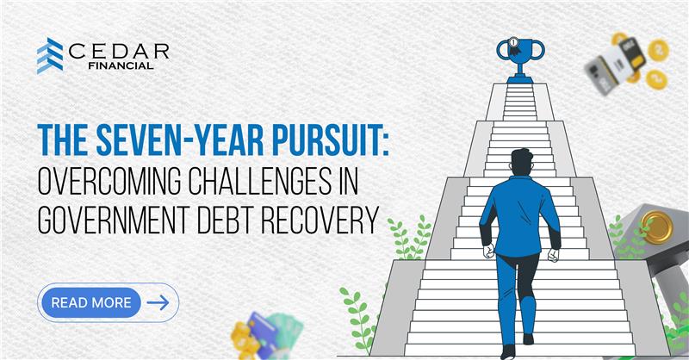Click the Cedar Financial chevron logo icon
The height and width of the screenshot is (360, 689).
tap(50, 56)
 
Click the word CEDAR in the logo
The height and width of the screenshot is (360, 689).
tap(119, 52)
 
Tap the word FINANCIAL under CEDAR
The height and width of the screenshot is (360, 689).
tap(121, 66)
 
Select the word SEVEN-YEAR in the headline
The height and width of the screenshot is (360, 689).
tap(180, 140)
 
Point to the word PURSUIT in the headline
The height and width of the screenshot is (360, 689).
tap(326, 140)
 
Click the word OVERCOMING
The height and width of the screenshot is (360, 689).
tap(109, 181)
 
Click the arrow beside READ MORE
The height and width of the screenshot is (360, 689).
tap(158, 302)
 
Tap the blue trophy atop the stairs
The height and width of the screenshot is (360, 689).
tap(520, 60)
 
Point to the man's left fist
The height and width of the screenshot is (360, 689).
tap(488, 251)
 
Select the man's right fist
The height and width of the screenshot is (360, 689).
tap(553, 255)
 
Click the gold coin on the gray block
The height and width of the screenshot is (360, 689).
tap(656, 227)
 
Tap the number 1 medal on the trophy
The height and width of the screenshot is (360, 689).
tap(513, 43)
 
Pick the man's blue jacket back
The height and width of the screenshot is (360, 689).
tap(520, 214)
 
